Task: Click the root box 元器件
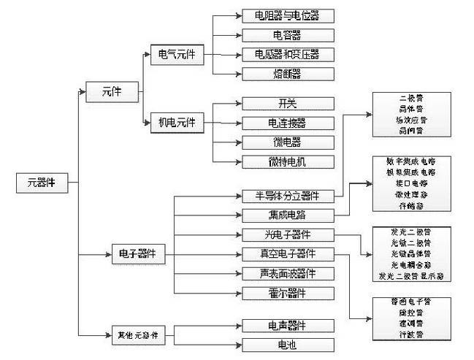(42, 183)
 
